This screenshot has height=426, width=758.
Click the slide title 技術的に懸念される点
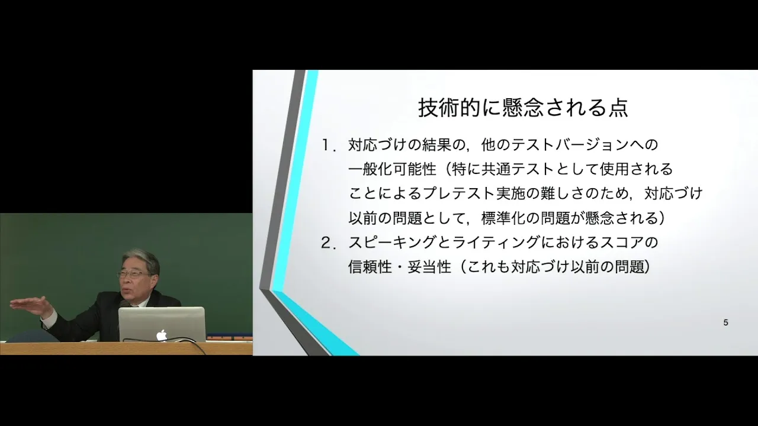(523, 108)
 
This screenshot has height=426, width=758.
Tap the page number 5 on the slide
(725, 322)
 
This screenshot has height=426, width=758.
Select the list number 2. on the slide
(328, 243)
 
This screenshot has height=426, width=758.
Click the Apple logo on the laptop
(162, 335)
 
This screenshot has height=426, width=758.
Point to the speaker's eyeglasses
(133, 274)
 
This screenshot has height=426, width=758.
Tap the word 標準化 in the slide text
(503, 218)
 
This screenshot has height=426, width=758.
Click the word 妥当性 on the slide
(429, 267)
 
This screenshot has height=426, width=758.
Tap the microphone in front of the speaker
(124, 304)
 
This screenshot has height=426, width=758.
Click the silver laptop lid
(162, 324)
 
